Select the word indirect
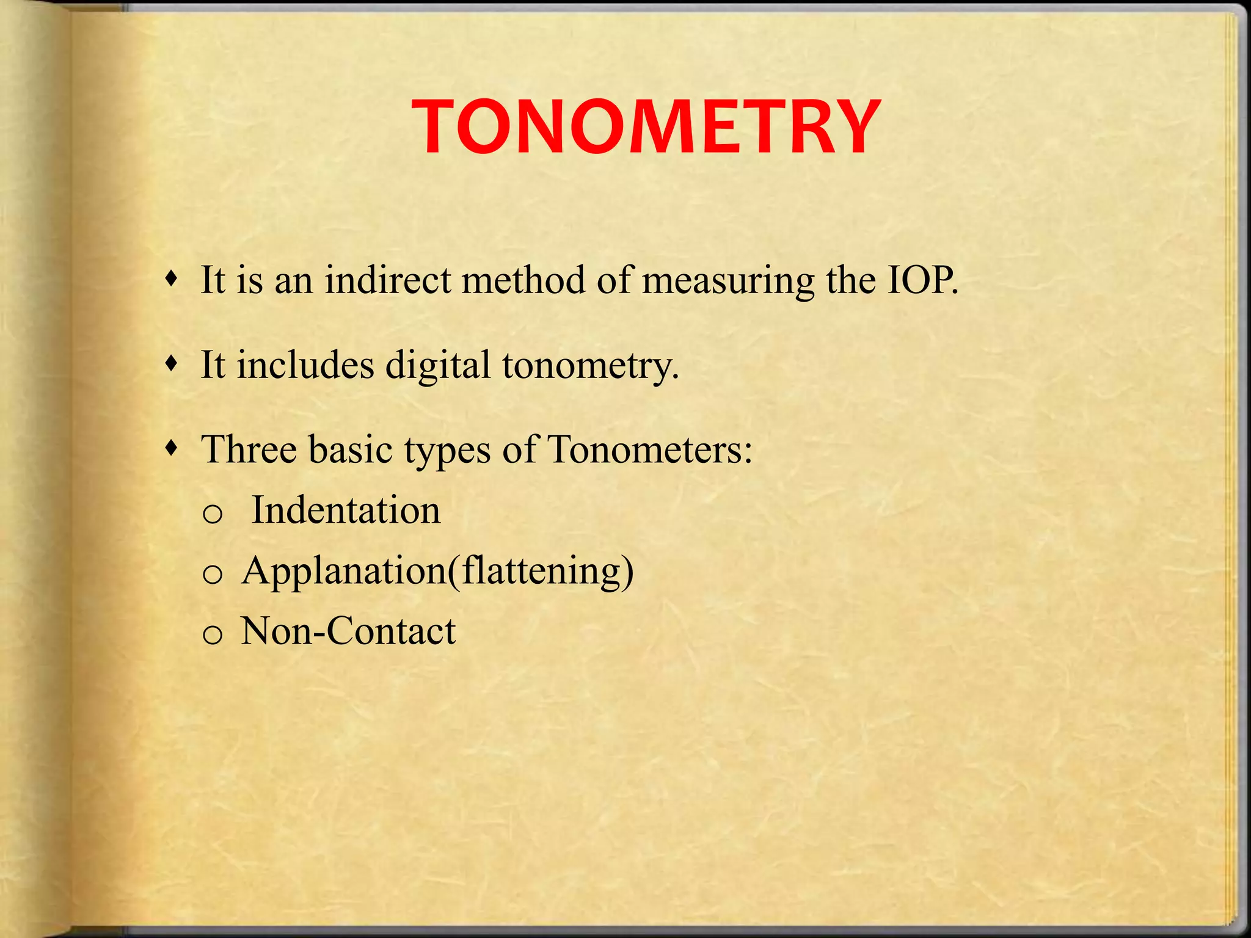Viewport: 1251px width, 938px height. [387, 281]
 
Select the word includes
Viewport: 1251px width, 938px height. [305, 365]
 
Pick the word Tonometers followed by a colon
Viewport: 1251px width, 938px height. [649, 449]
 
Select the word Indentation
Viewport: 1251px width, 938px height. [346, 511]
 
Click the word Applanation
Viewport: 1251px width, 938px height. [344, 572]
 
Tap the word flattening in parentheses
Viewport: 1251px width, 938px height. [541, 572]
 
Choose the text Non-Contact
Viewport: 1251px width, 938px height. [348, 631]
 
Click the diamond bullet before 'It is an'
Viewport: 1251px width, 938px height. [173, 280]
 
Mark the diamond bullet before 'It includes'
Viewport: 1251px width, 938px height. [173, 365]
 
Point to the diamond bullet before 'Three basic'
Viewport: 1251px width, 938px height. [173, 449]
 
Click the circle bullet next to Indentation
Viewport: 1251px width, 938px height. [212, 515]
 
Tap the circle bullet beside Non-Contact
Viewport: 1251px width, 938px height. [212, 636]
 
